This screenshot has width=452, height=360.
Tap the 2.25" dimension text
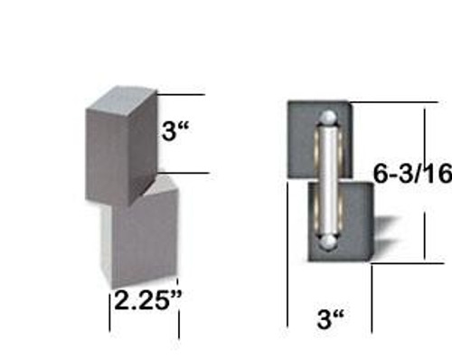click(145, 299)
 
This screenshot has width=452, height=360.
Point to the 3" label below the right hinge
click(332, 319)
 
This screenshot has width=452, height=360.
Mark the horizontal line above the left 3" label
click(185, 94)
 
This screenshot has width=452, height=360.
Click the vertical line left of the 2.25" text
click(110, 308)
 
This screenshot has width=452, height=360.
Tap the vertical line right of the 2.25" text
click(179, 312)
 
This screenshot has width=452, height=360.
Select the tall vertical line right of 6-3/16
click(425, 181)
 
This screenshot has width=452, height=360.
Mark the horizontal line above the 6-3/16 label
click(389, 102)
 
